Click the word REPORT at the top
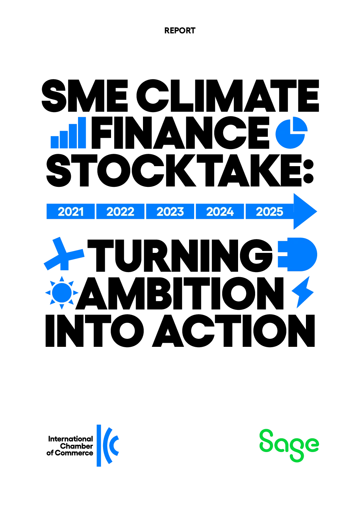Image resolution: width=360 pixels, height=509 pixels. pyautogui.click(x=180, y=31)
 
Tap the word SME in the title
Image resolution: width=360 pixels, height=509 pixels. pyautogui.click(x=85, y=96)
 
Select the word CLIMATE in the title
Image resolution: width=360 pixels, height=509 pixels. pyautogui.click(x=228, y=96)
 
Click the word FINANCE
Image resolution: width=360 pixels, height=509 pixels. pyautogui.click(x=180, y=133)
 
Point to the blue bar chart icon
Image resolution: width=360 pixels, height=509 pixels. pyautogui.click(x=68, y=133)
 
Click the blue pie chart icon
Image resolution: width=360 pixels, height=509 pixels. pyautogui.click(x=291, y=133)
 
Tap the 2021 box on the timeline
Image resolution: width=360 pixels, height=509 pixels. pyautogui.click(x=70, y=211)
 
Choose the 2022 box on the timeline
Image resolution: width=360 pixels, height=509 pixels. pyautogui.click(x=120, y=211)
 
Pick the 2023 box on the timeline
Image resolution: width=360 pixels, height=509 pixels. pyautogui.click(x=170, y=211)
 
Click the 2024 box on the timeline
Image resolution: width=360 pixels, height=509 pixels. pyautogui.click(x=220, y=211)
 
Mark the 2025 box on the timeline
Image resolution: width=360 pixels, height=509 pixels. pyautogui.click(x=270, y=211)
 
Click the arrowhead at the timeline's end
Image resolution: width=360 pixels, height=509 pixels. pyautogui.click(x=305, y=211)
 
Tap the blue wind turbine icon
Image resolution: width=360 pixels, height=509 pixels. pyautogui.click(x=64, y=255)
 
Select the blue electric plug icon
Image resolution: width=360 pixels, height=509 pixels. pyautogui.click(x=298, y=255)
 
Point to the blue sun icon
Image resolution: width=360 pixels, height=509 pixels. pyautogui.click(x=62, y=293)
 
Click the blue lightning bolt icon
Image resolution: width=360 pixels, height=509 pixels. pyautogui.click(x=303, y=292)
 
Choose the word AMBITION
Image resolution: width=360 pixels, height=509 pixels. pyautogui.click(x=180, y=293)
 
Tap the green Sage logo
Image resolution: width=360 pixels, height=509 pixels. pyautogui.click(x=289, y=446)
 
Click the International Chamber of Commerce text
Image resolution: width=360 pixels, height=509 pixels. pyautogui.click(x=70, y=446)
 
